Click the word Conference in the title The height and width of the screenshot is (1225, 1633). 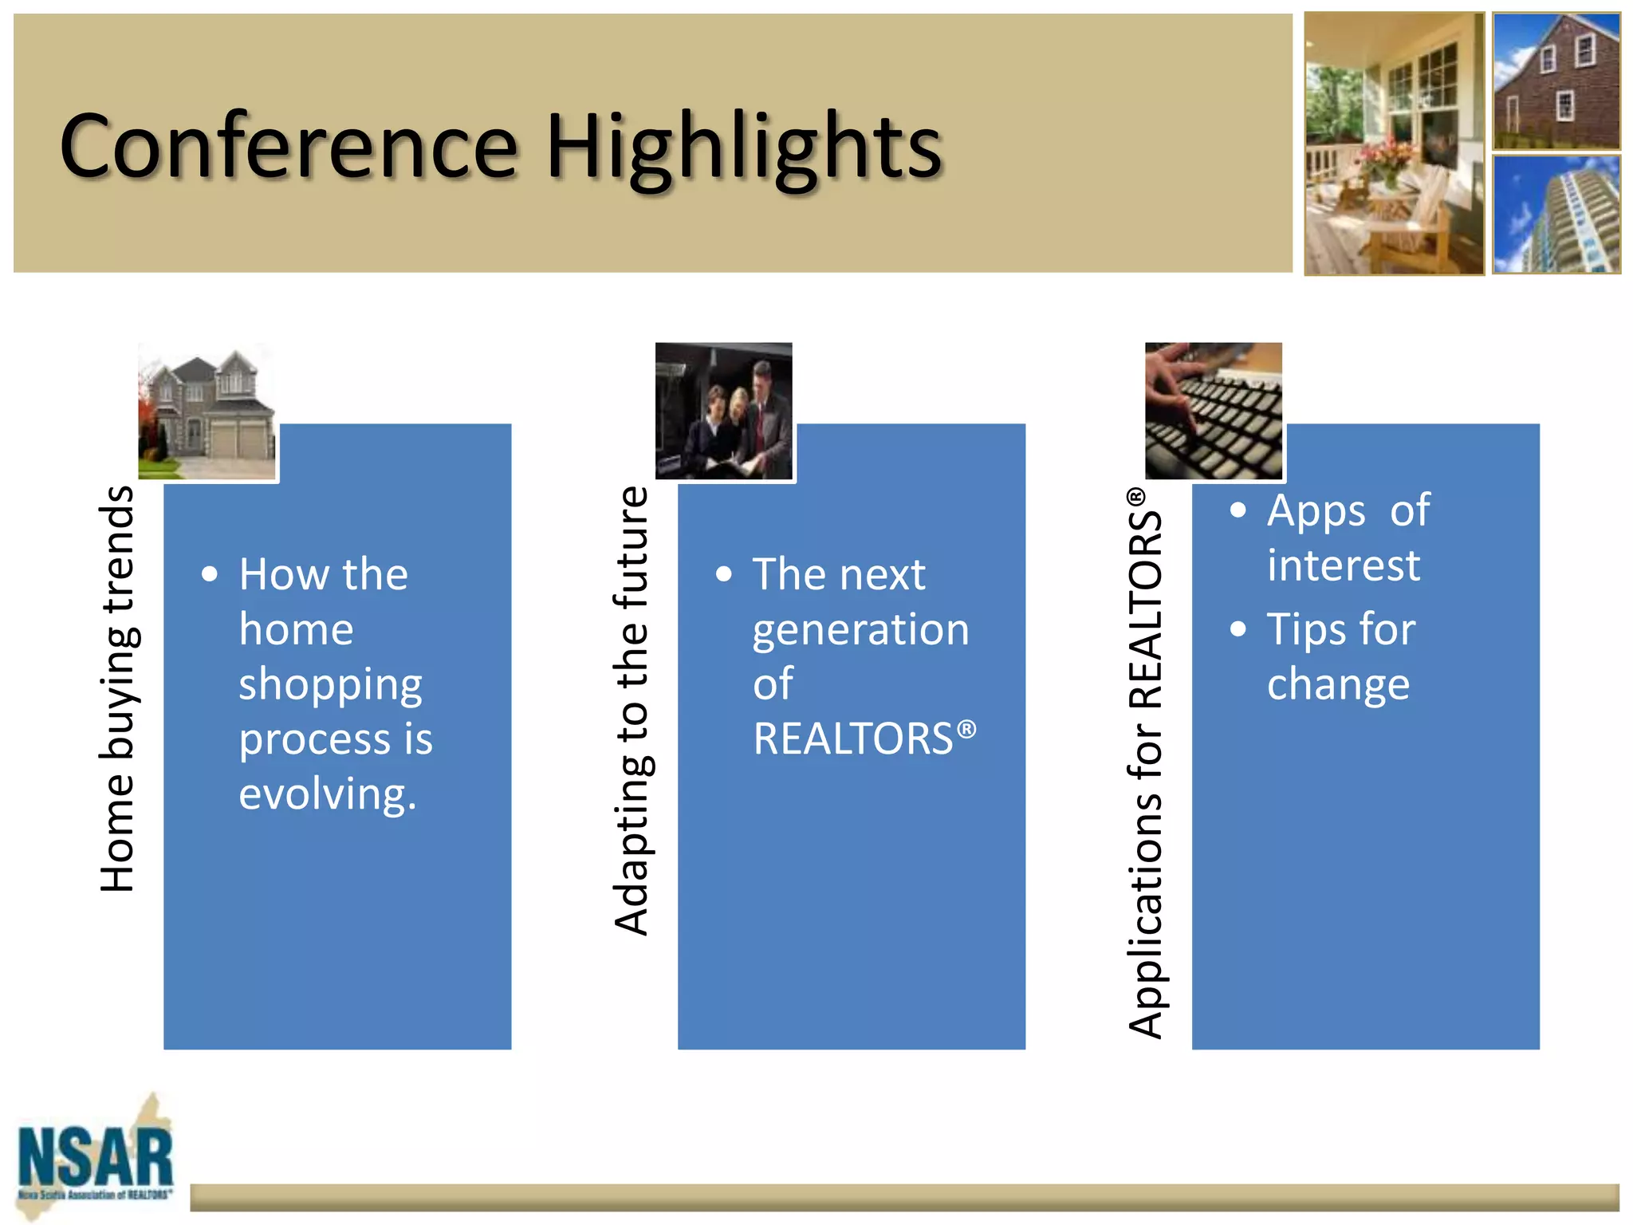pos(289,147)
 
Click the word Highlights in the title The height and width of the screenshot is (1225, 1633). pos(743,148)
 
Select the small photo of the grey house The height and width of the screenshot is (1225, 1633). pos(207,412)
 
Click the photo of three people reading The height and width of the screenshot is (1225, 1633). pos(724,412)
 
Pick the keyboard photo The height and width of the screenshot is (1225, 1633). pos(1214,412)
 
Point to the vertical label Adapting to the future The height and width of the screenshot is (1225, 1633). pos(632,710)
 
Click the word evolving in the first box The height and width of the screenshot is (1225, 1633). pos(328,794)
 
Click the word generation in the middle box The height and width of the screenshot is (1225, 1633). pos(860,630)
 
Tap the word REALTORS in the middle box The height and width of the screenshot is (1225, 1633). pos(853,739)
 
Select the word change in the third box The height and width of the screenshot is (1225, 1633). pos(1338,684)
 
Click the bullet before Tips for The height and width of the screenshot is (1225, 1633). pos(1238,629)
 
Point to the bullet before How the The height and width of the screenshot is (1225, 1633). pos(210,574)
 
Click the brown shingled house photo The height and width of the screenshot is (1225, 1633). pos(1556,81)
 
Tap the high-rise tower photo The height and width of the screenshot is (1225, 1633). pos(1556,215)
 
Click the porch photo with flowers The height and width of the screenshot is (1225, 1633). pos(1394,144)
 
